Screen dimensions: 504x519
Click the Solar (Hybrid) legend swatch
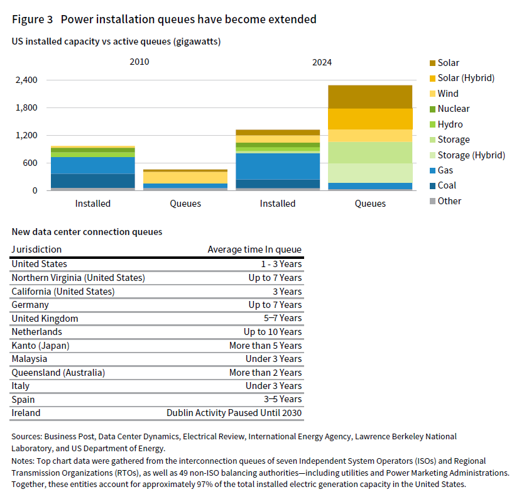[x=432, y=78]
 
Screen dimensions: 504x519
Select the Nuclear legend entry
[x=453, y=109]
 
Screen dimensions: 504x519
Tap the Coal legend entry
[x=447, y=185]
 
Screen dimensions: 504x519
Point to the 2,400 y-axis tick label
[x=27, y=80]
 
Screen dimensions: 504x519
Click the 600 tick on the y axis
[x=31, y=163]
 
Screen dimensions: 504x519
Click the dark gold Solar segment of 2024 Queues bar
[x=370, y=97]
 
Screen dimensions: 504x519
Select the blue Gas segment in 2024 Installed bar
[x=278, y=166]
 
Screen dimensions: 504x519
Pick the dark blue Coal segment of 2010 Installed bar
[x=93, y=180]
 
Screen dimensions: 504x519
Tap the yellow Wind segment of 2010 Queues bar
[x=185, y=177]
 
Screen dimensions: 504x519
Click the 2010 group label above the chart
[x=139, y=62]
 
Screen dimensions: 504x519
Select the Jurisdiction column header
[x=36, y=249]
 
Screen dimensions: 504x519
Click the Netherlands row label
[x=36, y=332]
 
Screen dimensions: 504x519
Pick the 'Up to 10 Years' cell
[x=273, y=332]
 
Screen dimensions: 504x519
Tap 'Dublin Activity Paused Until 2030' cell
[x=234, y=413]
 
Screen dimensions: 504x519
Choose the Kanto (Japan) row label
[x=40, y=346]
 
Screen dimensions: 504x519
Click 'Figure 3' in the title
[x=32, y=19]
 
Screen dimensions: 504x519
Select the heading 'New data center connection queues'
[x=87, y=232]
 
